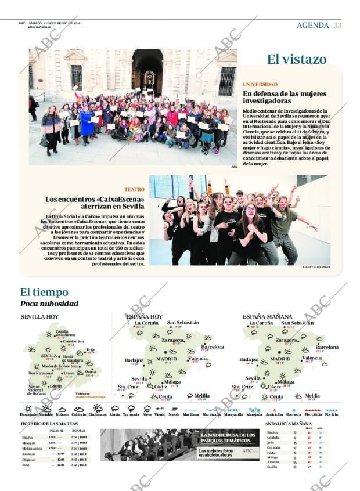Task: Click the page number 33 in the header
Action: point(337,25)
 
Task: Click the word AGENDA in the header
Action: point(312,25)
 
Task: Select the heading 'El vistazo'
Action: point(296,59)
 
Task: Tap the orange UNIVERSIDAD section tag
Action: point(260,85)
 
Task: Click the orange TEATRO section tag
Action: point(134,190)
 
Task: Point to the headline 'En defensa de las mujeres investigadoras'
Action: point(285,97)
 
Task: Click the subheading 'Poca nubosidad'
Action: point(49,304)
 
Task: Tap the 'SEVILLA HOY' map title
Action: point(39,317)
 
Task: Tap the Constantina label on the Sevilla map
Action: point(74,341)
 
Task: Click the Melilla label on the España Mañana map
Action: point(312,396)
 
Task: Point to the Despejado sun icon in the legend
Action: point(28,409)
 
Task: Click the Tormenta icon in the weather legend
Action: point(131,409)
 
